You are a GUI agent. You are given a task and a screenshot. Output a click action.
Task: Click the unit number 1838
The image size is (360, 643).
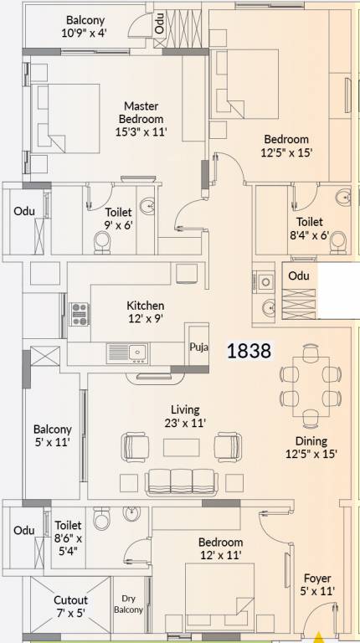point(249,350)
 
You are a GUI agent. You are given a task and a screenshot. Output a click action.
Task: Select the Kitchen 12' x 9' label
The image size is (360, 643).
point(145,312)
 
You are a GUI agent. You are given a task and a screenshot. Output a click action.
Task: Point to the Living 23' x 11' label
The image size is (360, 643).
point(185,416)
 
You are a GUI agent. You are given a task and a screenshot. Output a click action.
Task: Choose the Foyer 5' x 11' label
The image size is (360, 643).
point(317,584)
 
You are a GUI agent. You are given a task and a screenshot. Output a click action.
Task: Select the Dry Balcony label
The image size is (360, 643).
point(130,604)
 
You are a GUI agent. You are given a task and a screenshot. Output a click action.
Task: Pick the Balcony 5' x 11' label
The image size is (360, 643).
point(52,435)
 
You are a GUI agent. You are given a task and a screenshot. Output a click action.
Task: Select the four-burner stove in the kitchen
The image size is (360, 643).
point(80,313)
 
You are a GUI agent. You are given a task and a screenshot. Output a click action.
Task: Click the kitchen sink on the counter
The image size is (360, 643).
point(139,352)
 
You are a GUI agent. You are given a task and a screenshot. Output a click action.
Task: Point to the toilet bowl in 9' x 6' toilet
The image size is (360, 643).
point(102,241)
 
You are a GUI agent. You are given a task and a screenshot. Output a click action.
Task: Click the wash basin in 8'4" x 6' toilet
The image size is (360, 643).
point(342,198)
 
